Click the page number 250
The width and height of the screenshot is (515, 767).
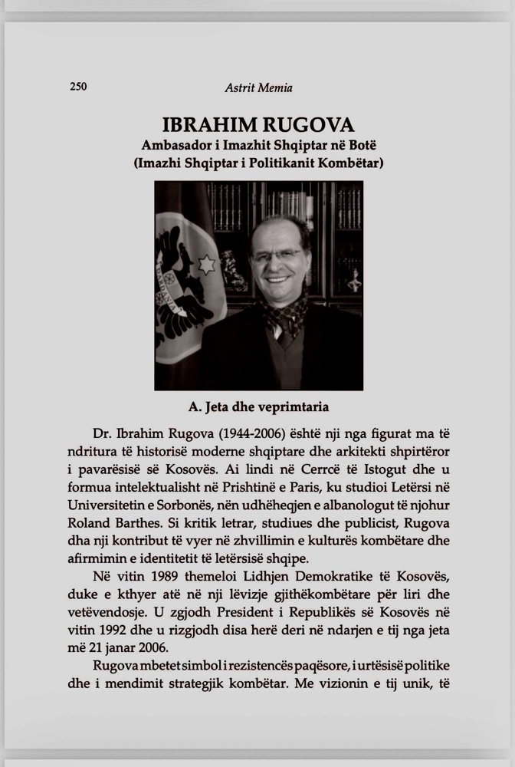(x=78, y=87)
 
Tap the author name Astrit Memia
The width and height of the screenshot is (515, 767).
(x=258, y=87)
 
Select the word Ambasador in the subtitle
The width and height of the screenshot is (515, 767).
(x=175, y=145)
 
